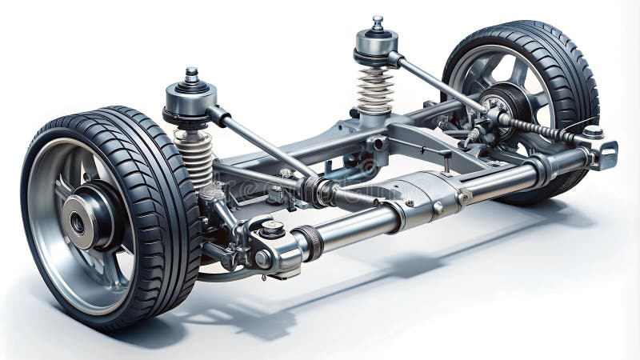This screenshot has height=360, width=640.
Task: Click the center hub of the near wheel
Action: [x=78, y=223]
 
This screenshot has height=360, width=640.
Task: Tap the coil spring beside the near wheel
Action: [x=194, y=156]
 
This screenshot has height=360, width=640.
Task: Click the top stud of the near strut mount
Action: [x=191, y=74]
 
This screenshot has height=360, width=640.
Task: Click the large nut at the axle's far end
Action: [x=592, y=130]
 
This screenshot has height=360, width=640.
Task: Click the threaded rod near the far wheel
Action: [x=544, y=131]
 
